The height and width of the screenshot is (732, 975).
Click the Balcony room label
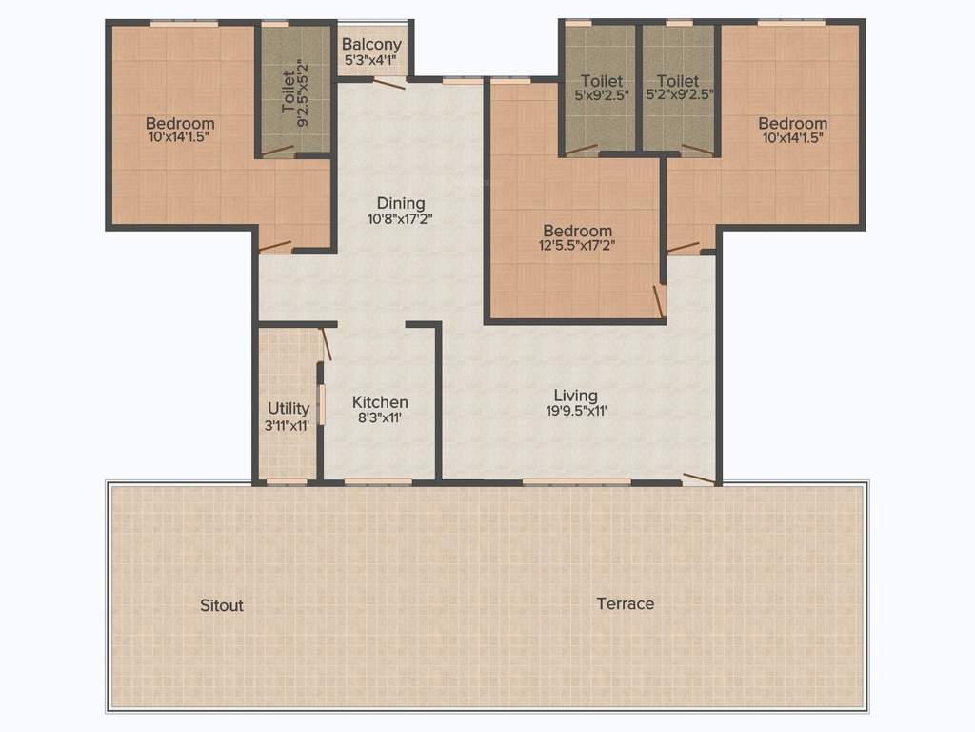click(x=372, y=44)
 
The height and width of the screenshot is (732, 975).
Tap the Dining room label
click(x=401, y=203)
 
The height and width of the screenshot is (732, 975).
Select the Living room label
click(x=576, y=395)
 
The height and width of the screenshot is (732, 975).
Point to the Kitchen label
click(x=380, y=402)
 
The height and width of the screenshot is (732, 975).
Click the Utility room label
click(x=288, y=409)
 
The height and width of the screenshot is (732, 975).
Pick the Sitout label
click(x=222, y=605)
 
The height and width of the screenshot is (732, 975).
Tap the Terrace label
click(x=626, y=603)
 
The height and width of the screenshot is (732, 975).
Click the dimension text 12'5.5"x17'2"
click(x=576, y=246)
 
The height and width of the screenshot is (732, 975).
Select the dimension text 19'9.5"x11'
click(x=576, y=411)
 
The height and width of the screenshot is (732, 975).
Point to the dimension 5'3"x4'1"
click(x=372, y=60)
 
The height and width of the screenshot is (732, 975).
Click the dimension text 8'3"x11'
click(x=380, y=418)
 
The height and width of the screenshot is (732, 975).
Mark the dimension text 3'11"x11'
click(x=288, y=425)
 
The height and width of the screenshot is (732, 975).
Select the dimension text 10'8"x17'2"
click(x=401, y=218)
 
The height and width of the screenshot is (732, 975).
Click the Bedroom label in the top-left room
click(x=180, y=123)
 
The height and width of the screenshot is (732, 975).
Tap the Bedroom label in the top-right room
click(x=792, y=123)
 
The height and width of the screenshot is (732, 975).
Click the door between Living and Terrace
click(x=700, y=478)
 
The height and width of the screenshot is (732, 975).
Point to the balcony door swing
click(x=388, y=83)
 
